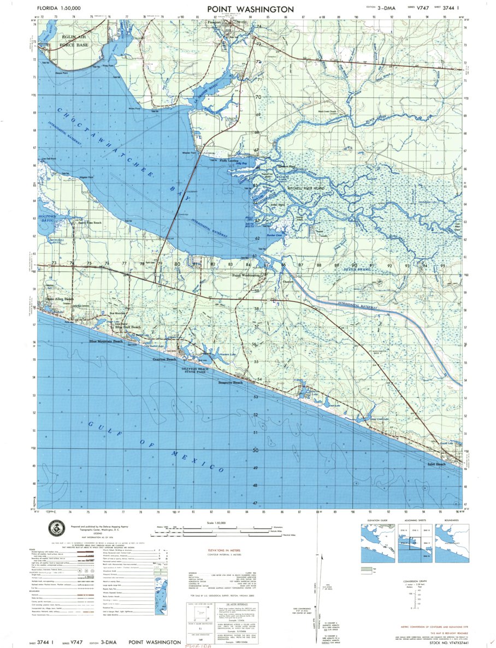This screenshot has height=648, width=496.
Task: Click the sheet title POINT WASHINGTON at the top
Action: coord(250,9)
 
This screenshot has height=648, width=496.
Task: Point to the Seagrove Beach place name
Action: coord(230,383)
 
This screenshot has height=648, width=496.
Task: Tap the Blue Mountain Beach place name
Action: coord(106,341)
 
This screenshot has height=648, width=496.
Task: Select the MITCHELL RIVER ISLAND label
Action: coord(306,187)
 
